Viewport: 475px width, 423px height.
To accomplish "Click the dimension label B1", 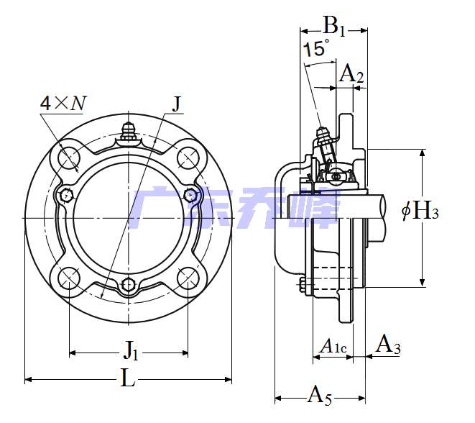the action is [334, 27].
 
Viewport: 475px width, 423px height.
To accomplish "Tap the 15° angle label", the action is [316, 48].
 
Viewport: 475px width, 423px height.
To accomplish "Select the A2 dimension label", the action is [351, 73].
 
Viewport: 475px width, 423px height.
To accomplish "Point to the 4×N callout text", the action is [63, 104].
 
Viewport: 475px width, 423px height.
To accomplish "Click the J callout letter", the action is [177, 104].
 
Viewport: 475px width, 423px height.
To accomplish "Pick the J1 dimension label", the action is [131, 350].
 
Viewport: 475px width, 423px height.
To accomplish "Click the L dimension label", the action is [128, 378].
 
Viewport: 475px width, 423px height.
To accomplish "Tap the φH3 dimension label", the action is [420, 211].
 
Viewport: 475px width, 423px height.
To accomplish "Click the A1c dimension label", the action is [333, 346].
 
